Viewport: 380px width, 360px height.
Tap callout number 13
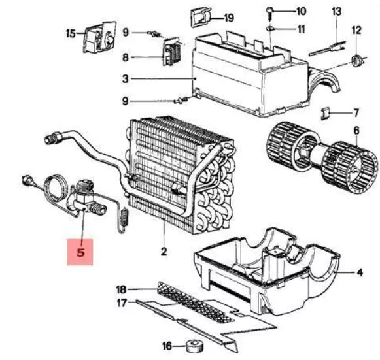click(x=336, y=12)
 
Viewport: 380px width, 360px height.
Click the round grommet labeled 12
click(x=356, y=61)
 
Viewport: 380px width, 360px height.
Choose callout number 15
click(x=71, y=32)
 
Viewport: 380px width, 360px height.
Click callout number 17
click(x=122, y=303)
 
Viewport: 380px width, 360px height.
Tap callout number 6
click(x=356, y=131)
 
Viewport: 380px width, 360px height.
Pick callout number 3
click(x=126, y=79)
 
